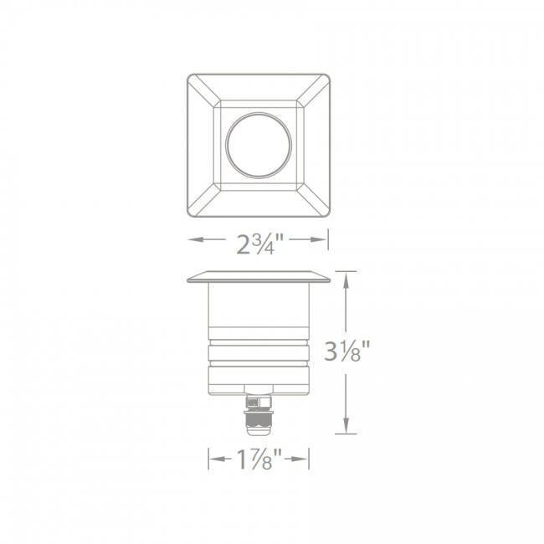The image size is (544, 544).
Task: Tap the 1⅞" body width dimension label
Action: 258,459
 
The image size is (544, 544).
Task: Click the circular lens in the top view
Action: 258,142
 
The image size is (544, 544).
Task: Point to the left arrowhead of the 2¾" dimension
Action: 192,240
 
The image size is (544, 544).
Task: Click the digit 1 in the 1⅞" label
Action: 240,459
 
